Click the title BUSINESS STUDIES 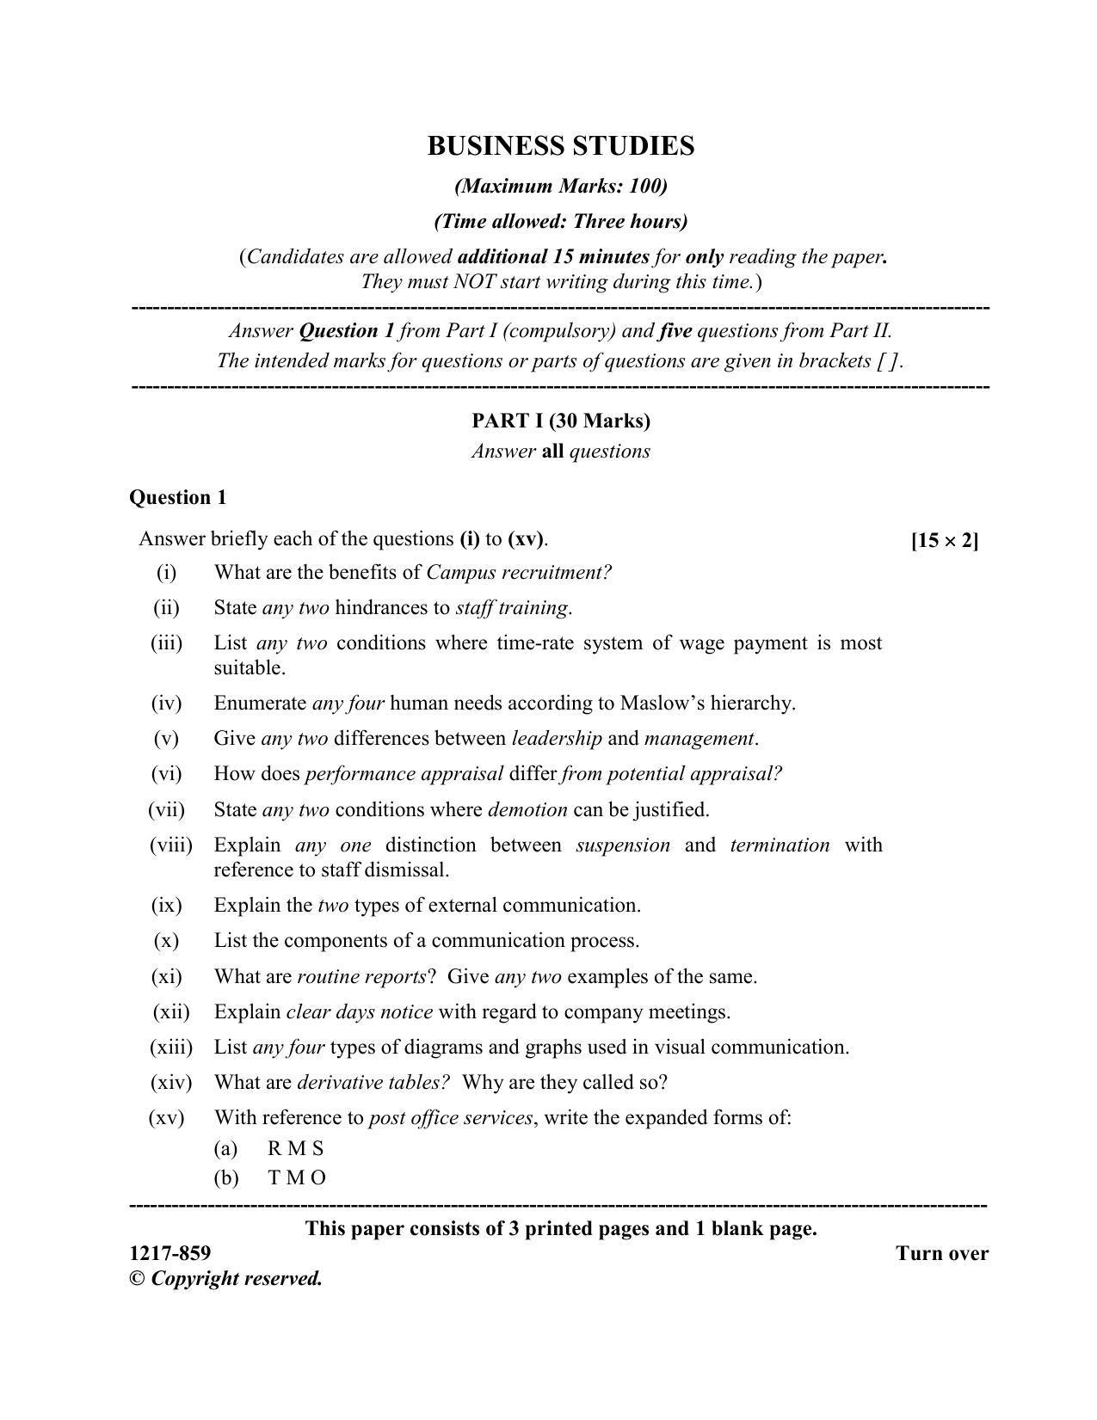[560, 146]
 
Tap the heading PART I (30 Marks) [560, 421]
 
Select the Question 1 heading [178, 497]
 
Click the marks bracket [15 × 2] [944, 541]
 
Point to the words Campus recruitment [518, 573]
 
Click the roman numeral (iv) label [166, 704]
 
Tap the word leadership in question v [557, 739]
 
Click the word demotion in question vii [527, 810]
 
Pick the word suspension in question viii [623, 845]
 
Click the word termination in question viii [780, 845]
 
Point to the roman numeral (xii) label [170, 1012]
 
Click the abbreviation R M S [295, 1149]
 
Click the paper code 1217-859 [169, 1253]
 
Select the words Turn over [941, 1254]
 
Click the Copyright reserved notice [226, 1279]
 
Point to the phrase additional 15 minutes [553, 257]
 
